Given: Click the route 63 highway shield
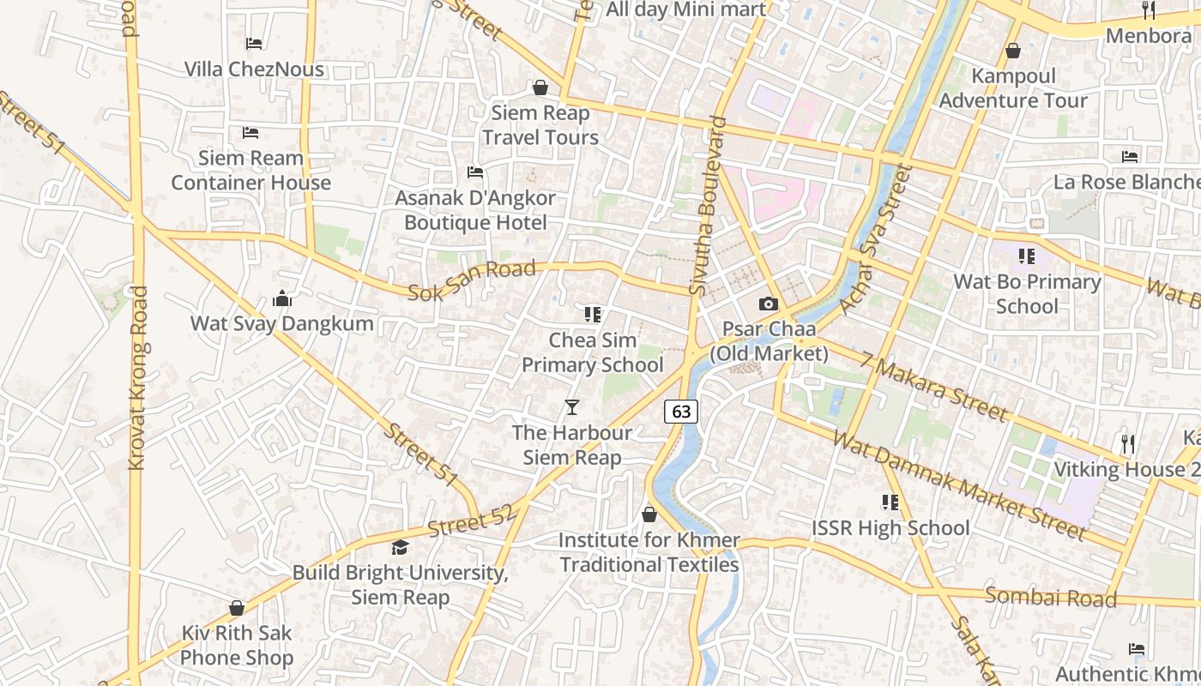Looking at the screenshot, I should [x=681, y=412].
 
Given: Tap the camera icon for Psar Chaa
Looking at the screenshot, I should [x=769, y=304].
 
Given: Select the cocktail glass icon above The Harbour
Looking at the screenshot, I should [x=572, y=406].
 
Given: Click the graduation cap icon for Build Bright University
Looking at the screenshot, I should [x=400, y=547].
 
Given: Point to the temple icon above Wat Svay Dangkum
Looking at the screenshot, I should [x=281, y=298].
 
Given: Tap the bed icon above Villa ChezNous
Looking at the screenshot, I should [x=253, y=43].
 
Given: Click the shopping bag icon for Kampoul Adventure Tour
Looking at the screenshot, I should [x=1013, y=51].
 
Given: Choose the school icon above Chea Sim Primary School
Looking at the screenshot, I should [x=592, y=315].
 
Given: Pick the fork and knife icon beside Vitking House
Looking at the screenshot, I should [x=1128, y=443].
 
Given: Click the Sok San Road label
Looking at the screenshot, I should [x=472, y=280].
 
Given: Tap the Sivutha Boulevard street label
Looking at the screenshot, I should [x=709, y=207].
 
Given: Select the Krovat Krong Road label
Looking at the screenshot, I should [x=137, y=377].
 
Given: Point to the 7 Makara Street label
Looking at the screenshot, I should [x=935, y=388].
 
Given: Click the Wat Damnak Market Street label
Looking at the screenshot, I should [x=959, y=485].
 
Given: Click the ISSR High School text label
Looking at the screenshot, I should [x=890, y=527].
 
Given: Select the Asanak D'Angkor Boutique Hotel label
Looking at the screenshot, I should [x=474, y=210].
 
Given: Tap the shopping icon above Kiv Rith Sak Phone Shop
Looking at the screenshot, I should [x=237, y=608].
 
